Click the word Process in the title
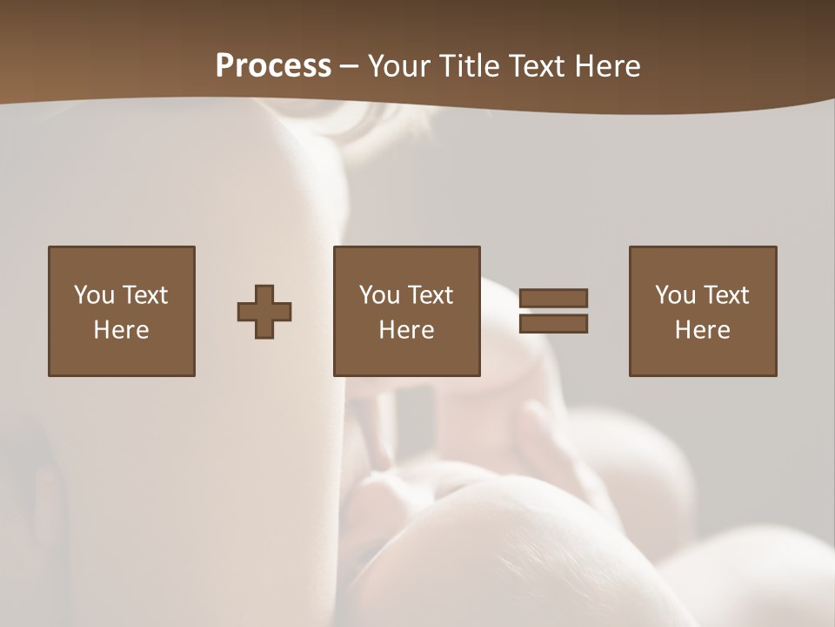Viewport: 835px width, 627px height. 273,66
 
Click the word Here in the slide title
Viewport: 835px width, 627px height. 607,66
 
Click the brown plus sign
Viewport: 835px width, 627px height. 264,312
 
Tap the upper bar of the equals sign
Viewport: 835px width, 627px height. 553,298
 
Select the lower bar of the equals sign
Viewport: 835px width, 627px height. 553,324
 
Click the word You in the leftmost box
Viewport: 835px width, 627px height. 94,295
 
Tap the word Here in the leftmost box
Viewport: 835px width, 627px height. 121,330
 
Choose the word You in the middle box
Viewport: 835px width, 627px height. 379,295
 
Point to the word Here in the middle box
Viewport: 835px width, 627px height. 406,330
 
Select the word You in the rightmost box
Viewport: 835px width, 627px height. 675,295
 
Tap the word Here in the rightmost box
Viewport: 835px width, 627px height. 702,330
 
